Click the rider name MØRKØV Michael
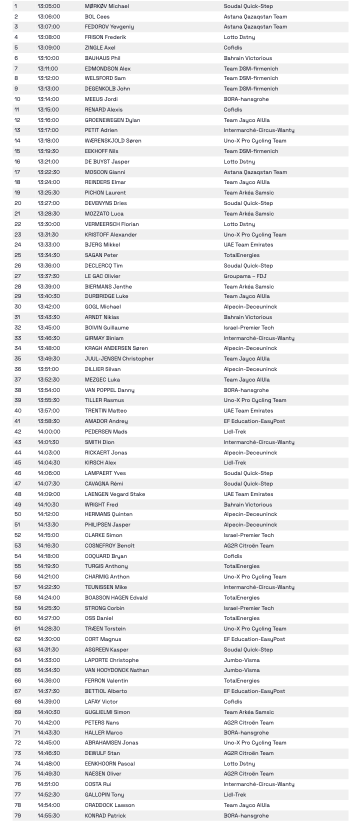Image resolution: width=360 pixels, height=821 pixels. (x=106, y=6)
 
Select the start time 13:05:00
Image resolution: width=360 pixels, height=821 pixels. (x=48, y=6)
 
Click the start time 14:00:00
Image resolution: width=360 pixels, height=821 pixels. (x=48, y=431)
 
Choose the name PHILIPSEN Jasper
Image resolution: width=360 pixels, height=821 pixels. (x=107, y=524)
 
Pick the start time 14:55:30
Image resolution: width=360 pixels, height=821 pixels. (x=48, y=815)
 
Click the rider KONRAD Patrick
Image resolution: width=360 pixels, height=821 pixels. (x=105, y=815)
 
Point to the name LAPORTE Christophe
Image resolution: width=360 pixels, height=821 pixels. (x=111, y=660)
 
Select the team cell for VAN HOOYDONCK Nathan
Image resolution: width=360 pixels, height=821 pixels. (x=241, y=670)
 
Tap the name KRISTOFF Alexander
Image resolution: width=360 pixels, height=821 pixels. (x=110, y=234)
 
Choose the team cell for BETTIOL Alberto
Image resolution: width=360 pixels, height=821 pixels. (x=254, y=691)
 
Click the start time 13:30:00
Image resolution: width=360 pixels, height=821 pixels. (x=48, y=224)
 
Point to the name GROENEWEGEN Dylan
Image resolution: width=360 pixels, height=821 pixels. (x=112, y=120)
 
